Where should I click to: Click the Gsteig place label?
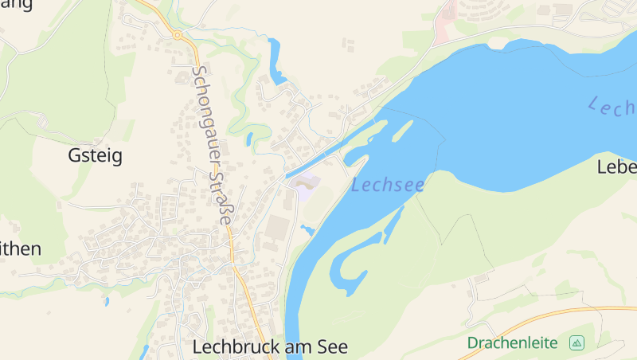[95, 155]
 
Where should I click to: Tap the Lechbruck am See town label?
[270, 347]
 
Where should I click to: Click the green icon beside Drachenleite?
[576, 343]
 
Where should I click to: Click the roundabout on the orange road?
[177, 35]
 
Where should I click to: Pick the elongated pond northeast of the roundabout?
[276, 62]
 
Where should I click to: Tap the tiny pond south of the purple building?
[307, 231]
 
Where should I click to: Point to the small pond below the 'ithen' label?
[106, 301]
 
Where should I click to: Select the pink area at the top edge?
[444, 22]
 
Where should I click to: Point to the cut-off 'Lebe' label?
[617, 167]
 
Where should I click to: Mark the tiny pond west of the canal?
[249, 139]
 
